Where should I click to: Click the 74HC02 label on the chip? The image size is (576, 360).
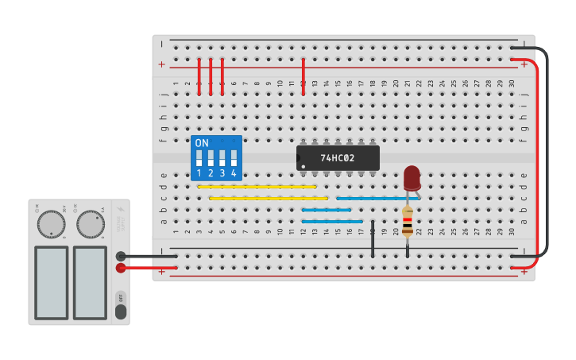point(338,157)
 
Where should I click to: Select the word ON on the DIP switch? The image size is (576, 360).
point(202,144)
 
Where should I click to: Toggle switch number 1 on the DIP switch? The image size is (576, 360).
point(199,157)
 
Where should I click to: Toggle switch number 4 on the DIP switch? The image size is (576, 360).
point(234,157)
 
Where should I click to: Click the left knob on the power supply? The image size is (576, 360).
point(52,224)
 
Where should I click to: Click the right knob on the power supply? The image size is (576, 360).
point(91,224)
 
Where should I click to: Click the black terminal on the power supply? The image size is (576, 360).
point(121,256)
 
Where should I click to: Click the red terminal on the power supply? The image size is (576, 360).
point(121,268)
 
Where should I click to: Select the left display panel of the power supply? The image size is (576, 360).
point(51,282)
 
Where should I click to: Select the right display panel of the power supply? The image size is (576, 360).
point(90,282)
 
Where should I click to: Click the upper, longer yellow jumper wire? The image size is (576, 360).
point(257,187)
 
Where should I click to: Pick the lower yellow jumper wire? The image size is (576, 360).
point(269,198)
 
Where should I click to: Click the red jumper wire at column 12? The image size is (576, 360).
point(303,75)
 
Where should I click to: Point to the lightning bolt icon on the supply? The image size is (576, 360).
point(120,209)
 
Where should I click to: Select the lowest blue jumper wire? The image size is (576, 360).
point(332,221)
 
